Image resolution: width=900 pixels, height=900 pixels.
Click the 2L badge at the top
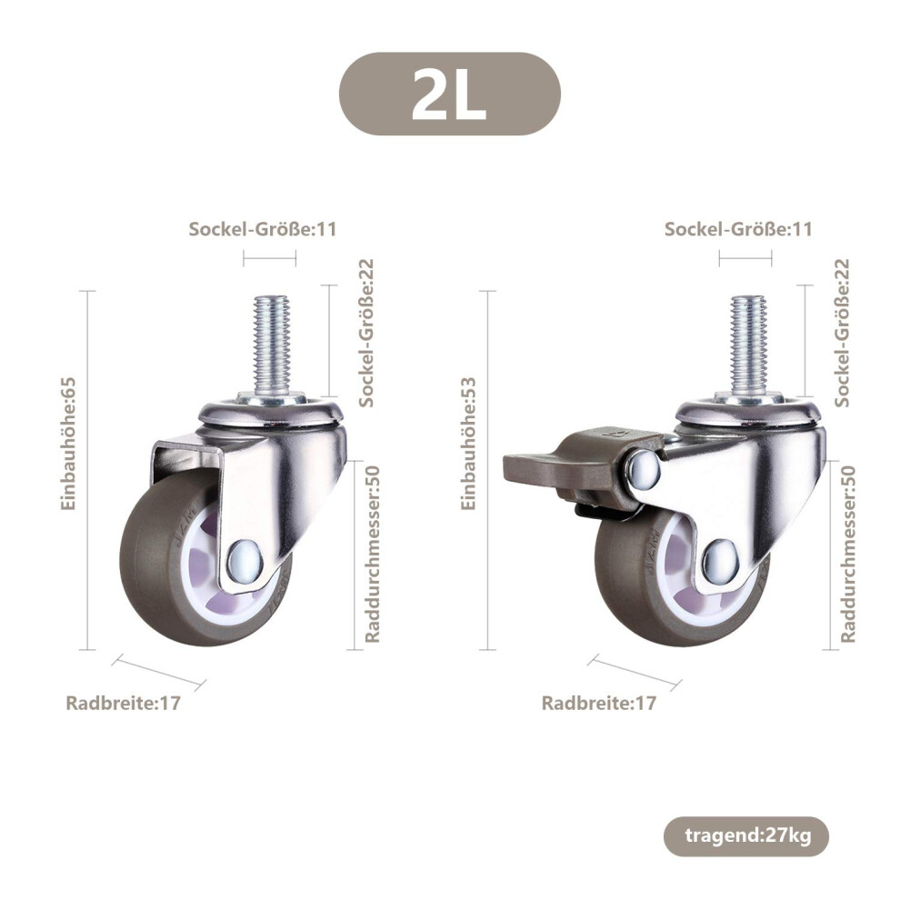[x=449, y=95]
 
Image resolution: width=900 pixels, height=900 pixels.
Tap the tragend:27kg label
[x=746, y=835]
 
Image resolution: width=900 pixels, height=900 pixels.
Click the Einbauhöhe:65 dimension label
[x=68, y=444]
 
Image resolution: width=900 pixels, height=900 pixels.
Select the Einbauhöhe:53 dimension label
[x=469, y=444]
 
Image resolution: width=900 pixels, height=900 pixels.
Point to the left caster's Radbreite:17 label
[x=124, y=703]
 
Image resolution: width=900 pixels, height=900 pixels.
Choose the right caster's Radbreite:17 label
[x=599, y=703]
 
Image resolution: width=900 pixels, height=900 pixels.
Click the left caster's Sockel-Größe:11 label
[x=263, y=229]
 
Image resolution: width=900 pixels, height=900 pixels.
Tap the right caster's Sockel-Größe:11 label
[x=739, y=229]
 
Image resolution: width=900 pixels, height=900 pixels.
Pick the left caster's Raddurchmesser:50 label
[x=373, y=554]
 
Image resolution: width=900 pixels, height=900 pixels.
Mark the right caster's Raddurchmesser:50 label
[x=848, y=554]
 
